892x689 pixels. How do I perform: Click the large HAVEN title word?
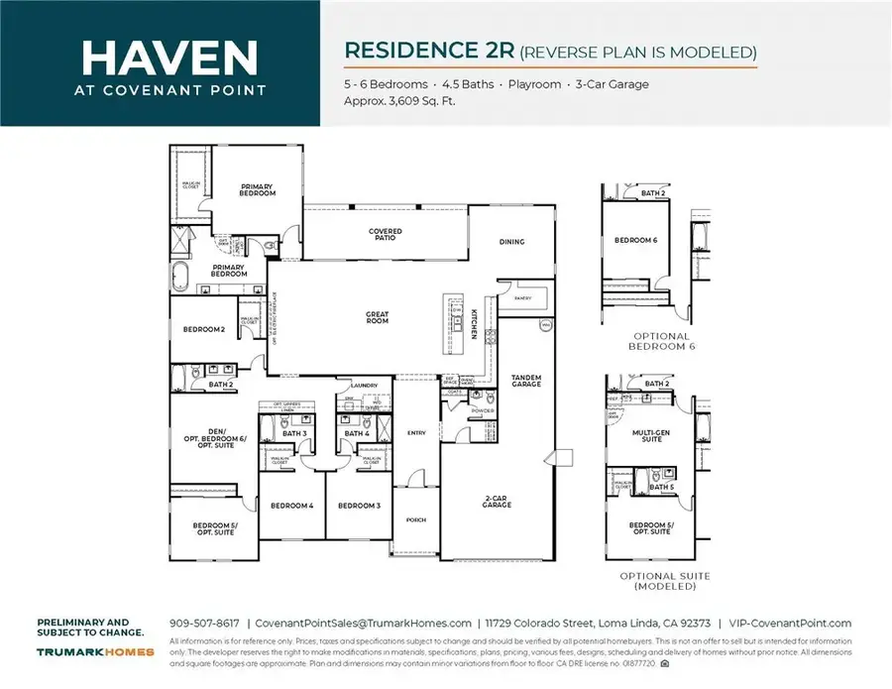click(x=161, y=57)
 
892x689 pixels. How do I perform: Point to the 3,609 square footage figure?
click(x=407, y=101)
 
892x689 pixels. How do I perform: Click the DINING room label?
click(x=511, y=242)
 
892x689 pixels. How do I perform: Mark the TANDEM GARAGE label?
click(x=526, y=382)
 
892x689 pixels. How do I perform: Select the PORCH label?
click(x=415, y=519)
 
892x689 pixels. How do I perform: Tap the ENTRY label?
click(x=415, y=431)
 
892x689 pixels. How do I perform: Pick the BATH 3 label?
click(x=293, y=433)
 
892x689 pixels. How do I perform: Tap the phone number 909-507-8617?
click(x=203, y=623)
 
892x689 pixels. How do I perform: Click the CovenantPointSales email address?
click(x=363, y=623)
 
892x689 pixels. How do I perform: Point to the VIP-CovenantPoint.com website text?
click(x=790, y=623)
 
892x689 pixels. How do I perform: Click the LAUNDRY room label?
click(x=365, y=386)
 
